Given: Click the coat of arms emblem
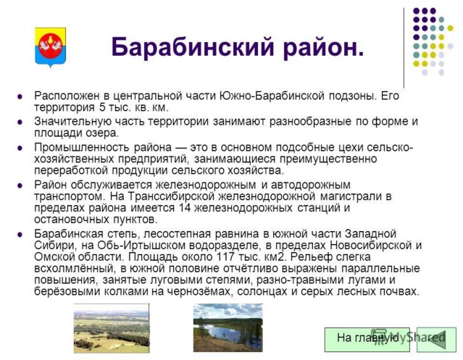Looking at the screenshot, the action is click(x=50, y=46).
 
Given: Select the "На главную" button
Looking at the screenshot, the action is click(x=367, y=339).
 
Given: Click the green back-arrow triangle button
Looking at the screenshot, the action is click(x=436, y=339).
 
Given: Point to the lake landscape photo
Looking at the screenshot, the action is click(x=228, y=327).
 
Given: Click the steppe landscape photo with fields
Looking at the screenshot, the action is click(x=112, y=328).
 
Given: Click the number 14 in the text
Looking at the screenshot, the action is click(x=185, y=208).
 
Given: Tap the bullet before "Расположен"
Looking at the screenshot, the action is click(x=20, y=96).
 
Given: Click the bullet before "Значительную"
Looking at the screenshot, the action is click(x=20, y=122).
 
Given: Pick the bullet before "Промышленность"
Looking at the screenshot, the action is click(x=20, y=148).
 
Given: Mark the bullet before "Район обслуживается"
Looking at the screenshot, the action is click(x=20, y=185).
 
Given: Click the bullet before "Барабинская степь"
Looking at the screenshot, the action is click(x=20, y=234).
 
